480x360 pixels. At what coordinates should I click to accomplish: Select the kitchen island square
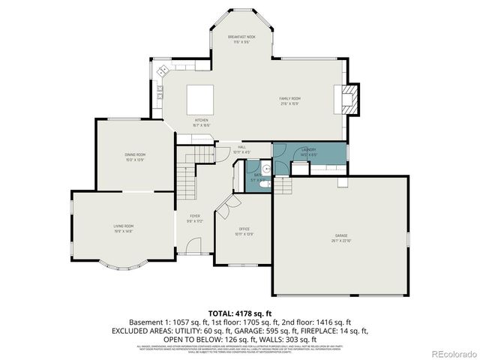[x=201, y=98]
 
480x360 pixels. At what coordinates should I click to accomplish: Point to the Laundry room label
[x=308, y=151]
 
